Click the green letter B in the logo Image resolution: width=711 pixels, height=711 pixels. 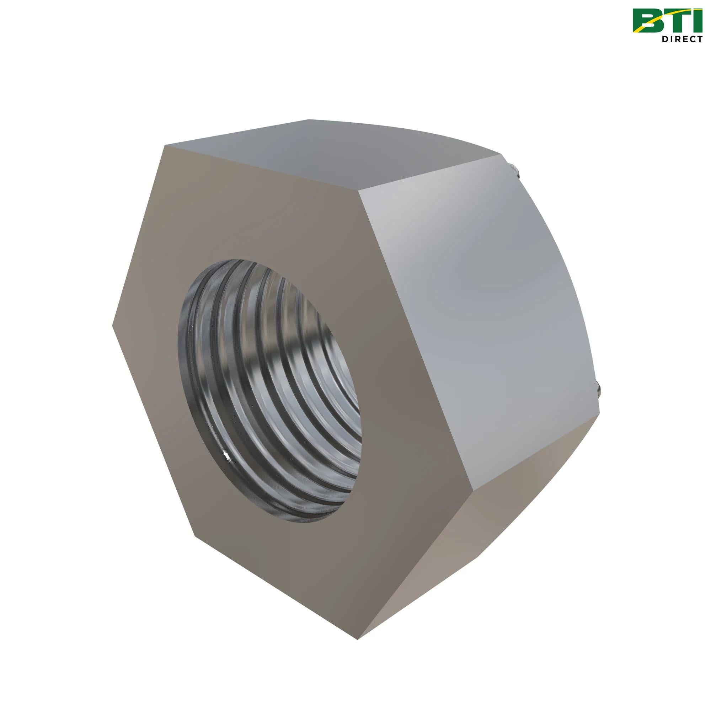click(648, 20)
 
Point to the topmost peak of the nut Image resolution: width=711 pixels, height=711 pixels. click(309, 119)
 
